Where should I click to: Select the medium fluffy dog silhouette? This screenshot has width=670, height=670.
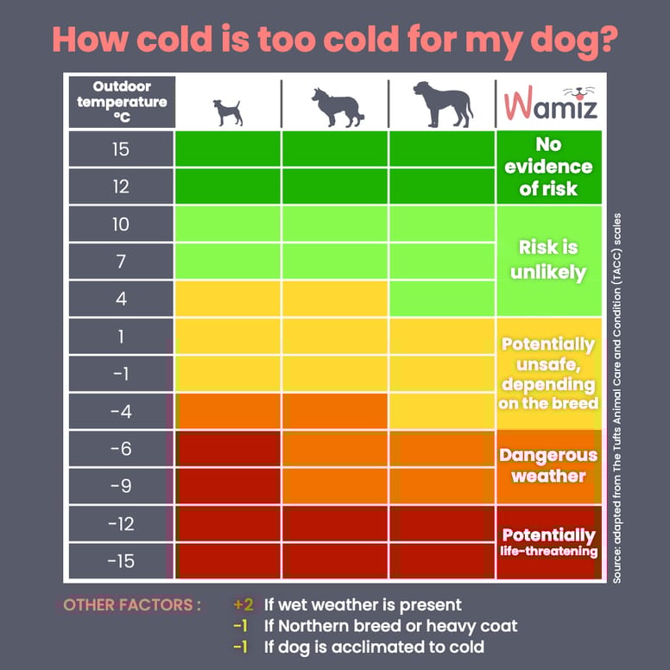334,106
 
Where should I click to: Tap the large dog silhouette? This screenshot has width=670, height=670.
443,104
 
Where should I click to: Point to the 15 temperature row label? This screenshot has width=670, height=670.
120,149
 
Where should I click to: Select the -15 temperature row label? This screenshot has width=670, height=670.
120,561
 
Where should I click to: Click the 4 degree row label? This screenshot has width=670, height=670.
120,299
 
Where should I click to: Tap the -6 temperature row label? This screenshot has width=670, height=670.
120,449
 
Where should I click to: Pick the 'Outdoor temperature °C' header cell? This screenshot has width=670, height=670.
120,103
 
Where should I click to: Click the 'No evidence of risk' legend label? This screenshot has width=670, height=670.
548,166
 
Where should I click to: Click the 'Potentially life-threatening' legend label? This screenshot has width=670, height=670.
548,541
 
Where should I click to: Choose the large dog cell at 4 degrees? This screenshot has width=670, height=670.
442,299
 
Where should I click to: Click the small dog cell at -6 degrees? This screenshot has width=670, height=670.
228,449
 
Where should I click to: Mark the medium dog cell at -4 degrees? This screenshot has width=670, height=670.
334,411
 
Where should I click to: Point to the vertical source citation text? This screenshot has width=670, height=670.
617,398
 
